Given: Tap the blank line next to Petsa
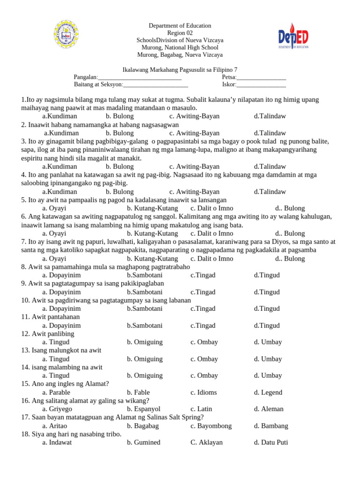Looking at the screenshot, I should (x=261, y=78).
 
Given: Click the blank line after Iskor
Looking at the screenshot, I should (x=261, y=85).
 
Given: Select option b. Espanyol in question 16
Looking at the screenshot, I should (x=143, y=409).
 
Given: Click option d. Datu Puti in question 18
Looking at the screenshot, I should (x=271, y=442).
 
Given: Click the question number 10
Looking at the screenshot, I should (x=25, y=300).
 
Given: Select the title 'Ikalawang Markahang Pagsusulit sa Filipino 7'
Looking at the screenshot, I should (x=180, y=69).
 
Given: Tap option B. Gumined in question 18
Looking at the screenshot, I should (x=143, y=442).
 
